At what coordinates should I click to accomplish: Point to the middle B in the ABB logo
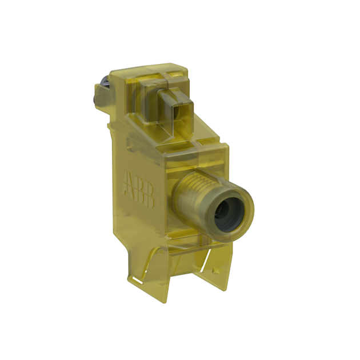(139, 189)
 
